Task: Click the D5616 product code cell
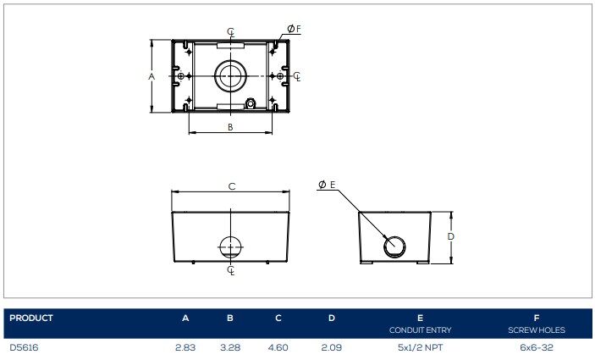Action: point(24,347)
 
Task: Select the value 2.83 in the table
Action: point(185,347)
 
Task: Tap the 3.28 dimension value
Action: point(230,347)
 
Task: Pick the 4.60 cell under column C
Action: point(278,347)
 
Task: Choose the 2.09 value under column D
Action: point(331,347)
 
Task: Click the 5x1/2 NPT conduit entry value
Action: point(420,347)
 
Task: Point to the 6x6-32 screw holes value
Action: point(537,347)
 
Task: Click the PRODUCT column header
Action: point(31,318)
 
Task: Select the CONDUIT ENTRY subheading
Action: point(420,330)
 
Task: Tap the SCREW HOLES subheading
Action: point(537,330)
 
